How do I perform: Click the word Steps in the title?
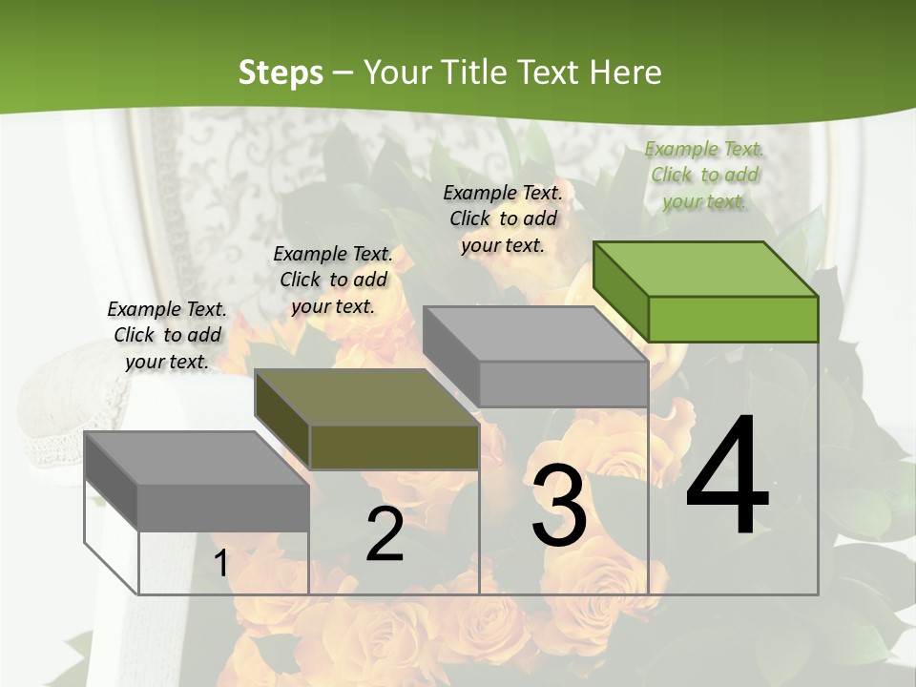(281, 73)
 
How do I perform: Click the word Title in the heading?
(474, 73)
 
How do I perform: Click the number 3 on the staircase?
(559, 506)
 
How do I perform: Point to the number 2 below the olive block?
(385, 534)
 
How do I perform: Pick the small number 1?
(220, 564)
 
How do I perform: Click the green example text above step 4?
(704, 176)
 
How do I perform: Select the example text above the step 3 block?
(503, 219)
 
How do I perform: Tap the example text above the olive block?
(333, 280)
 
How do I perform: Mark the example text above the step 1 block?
(167, 335)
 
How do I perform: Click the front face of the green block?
(733, 319)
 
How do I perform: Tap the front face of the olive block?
(394, 447)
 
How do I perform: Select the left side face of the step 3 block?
(450, 356)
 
